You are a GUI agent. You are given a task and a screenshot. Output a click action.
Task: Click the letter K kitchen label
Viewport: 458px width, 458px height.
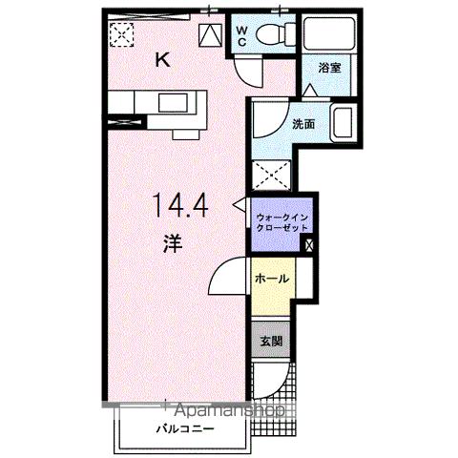coord(163,60)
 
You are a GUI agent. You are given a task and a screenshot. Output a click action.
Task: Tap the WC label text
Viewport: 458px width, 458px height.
coord(242,35)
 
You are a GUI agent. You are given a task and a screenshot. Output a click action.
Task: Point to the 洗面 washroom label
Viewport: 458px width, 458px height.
coord(304,124)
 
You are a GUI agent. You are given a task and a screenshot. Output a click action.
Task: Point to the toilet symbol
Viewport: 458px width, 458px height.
coord(276,35)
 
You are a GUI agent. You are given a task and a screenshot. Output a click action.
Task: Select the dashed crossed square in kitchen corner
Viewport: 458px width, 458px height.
coord(122,34)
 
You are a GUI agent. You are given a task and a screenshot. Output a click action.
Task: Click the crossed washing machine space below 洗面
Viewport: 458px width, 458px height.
coord(270,175)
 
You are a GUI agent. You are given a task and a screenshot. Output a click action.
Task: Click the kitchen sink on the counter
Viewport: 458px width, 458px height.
coord(174,104)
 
